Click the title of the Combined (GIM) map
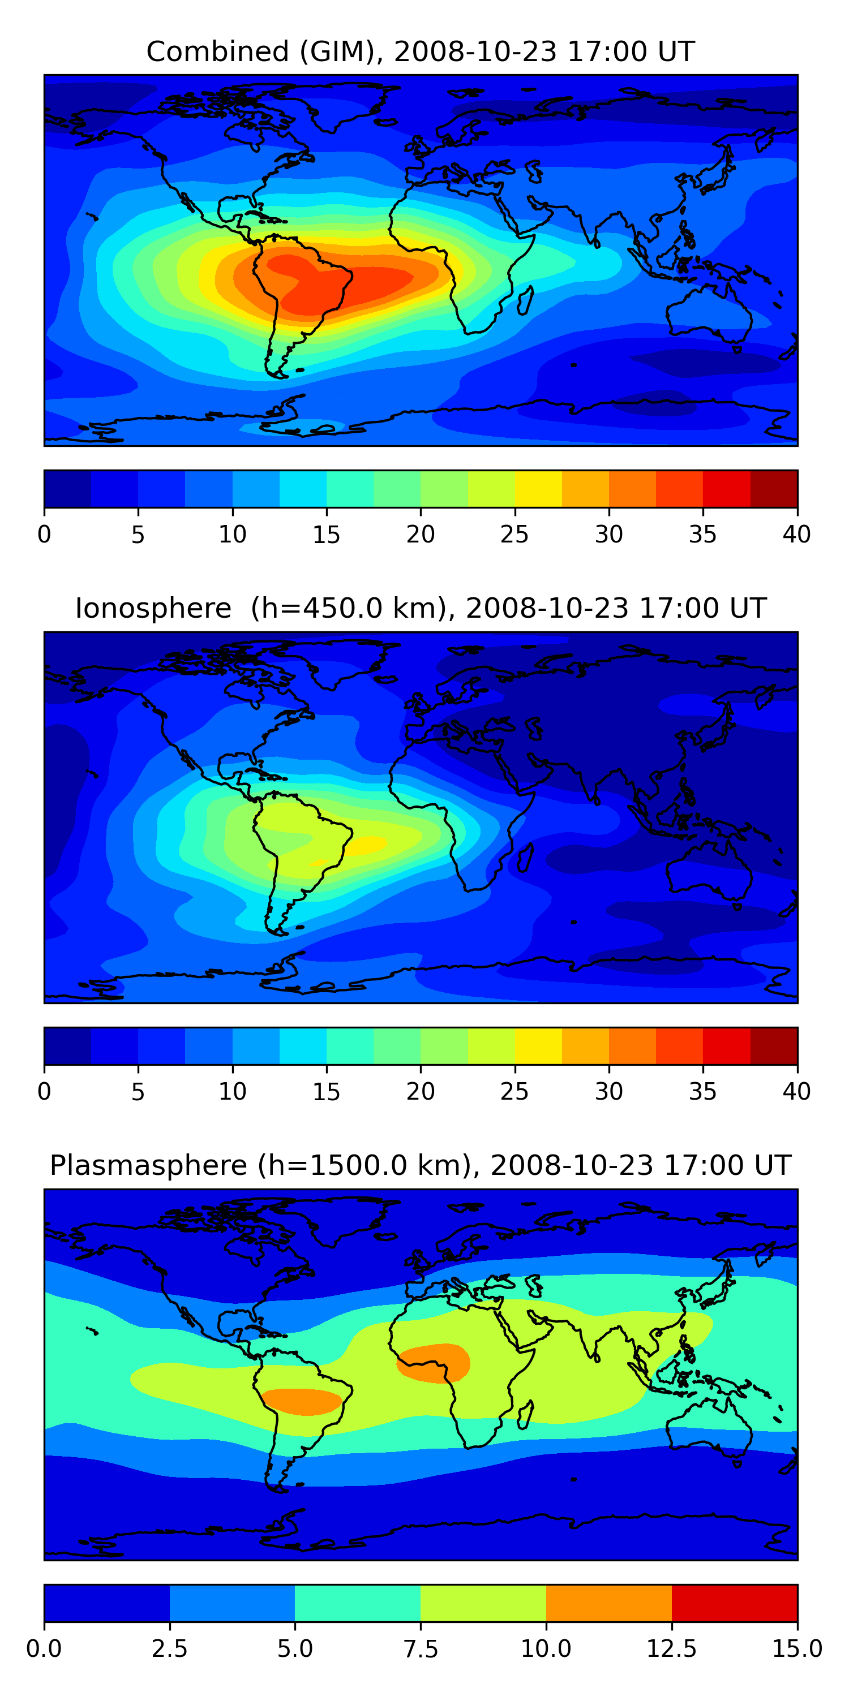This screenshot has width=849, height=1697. tap(421, 51)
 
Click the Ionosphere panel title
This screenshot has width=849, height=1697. tap(421, 608)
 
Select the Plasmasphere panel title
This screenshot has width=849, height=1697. tap(421, 1165)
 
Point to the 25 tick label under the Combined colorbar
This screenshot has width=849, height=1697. tap(514, 534)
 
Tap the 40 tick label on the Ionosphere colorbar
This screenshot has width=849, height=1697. tap(796, 1092)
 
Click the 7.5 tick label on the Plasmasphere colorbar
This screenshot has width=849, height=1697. tap(421, 1649)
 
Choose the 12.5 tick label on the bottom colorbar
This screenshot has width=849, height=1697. tap(671, 1649)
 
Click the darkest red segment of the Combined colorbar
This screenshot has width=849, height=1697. tap(774, 489)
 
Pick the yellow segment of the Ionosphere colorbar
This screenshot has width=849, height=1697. tap(538, 1045)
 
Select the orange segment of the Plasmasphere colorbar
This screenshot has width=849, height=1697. tap(608, 1603)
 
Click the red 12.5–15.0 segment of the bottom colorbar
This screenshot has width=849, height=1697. tap(734, 1603)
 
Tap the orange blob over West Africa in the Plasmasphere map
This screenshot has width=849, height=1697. tap(434, 1362)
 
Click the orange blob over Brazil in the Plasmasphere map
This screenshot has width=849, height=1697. tap(302, 1401)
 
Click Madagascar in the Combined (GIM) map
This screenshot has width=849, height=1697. tap(525, 300)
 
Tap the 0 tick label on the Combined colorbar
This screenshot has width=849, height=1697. tap(44, 534)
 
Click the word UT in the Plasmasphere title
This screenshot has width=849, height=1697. tap(773, 1165)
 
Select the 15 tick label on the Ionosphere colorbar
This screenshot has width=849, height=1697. tap(326, 1092)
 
